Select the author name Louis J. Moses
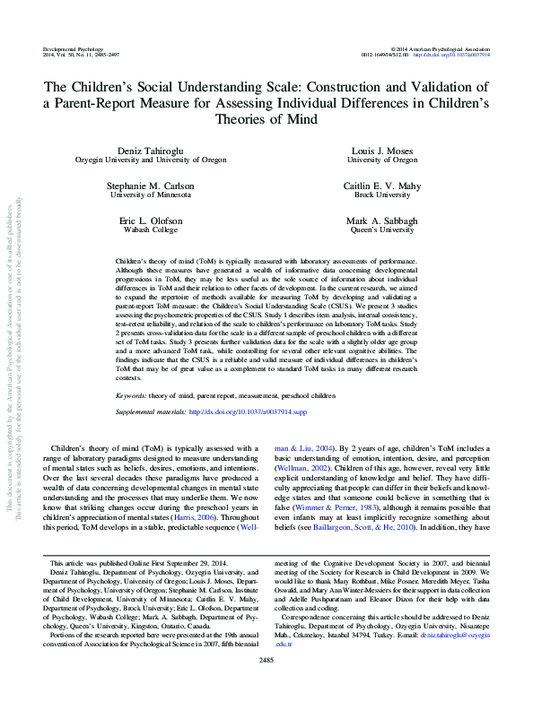click(382, 152)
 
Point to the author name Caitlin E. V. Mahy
click(382, 186)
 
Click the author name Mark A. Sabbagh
click(382, 221)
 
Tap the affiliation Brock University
click(382, 195)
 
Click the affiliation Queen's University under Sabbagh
click(382, 229)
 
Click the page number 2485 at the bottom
click(266, 686)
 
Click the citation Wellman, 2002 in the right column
click(299, 467)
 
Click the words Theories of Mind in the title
click(266, 118)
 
